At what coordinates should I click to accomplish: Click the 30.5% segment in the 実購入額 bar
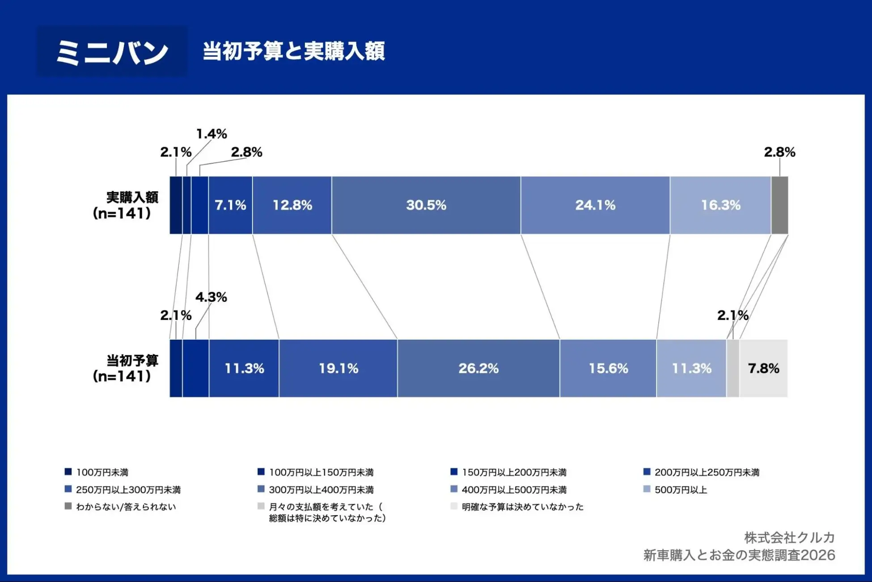pyautogui.click(x=426, y=205)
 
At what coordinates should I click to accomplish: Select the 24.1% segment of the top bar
pyautogui.click(x=595, y=205)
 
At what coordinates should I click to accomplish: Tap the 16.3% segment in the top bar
pyautogui.click(x=720, y=205)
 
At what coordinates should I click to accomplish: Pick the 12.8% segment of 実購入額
pyautogui.click(x=292, y=205)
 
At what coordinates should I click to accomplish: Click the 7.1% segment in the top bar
pyautogui.click(x=230, y=205)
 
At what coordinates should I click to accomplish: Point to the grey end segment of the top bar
pyautogui.click(x=779, y=205)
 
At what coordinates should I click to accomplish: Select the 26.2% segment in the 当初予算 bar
pyautogui.click(x=478, y=368)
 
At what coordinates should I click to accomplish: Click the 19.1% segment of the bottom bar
pyautogui.click(x=338, y=368)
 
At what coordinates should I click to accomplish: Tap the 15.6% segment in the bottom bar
pyautogui.click(x=608, y=368)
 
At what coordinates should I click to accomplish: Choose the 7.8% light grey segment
pyautogui.click(x=763, y=368)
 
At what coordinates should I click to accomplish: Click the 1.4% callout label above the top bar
pyautogui.click(x=212, y=134)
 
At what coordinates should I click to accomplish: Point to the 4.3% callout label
pyautogui.click(x=211, y=297)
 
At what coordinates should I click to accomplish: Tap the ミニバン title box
pyautogui.click(x=112, y=51)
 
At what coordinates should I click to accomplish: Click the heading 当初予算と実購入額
pyautogui.click(x=294, y=51)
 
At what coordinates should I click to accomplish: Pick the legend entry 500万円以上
pyautogui.click(x=680, y=490)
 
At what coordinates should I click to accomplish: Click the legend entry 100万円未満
pyautogui.click(x=102, y=472)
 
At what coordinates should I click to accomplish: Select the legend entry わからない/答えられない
pyautogui.click(x=126, y=507)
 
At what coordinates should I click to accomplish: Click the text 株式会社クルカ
pyautogui.click(x=789, y=537)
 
